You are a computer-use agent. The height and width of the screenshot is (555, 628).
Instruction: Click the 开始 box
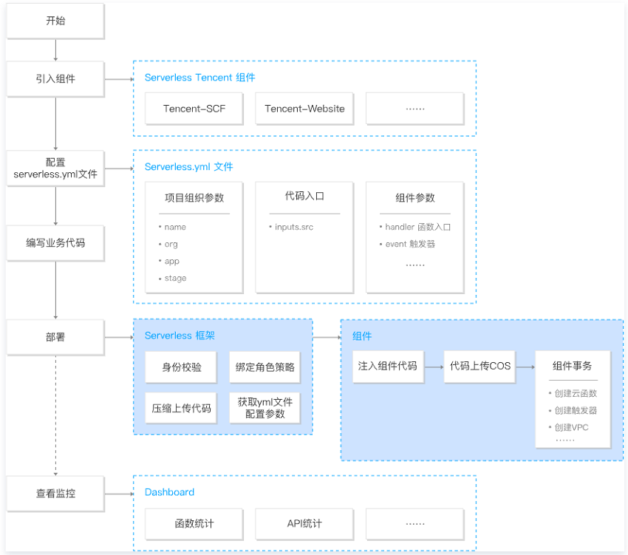55,21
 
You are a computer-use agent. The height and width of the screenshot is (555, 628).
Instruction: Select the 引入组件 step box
55,79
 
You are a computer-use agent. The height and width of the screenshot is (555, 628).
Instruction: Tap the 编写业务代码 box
55,243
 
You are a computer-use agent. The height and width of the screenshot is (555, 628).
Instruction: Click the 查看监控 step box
55,493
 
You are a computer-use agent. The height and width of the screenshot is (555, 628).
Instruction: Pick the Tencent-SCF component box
194,109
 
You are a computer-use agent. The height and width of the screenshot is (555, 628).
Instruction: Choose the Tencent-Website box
304,109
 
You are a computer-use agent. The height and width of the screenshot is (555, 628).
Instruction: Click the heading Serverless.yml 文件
188,167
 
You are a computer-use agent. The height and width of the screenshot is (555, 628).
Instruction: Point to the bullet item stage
173,278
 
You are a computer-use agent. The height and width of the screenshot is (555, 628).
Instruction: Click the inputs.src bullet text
291,227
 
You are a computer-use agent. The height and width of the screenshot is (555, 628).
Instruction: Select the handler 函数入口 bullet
415,227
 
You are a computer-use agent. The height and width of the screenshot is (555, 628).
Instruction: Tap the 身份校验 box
182,367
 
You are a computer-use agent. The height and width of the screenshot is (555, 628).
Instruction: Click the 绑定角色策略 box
264,367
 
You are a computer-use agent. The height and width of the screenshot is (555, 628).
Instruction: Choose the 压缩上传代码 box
182,408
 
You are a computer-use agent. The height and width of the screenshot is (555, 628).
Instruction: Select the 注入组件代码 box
388,367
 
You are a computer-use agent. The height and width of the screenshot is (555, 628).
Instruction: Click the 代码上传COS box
479,367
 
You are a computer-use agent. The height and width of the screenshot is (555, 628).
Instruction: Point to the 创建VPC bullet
569,428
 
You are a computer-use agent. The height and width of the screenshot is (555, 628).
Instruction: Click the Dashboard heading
169,492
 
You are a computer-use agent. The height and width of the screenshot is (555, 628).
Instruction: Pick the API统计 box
304,524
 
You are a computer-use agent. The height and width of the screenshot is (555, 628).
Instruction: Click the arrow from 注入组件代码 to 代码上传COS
434,367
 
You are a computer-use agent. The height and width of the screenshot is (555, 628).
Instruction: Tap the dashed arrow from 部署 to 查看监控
55,415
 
